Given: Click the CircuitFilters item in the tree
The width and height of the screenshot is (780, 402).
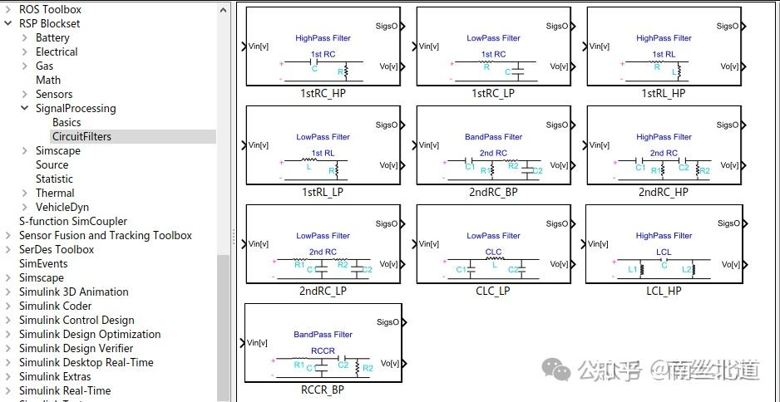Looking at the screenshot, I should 81,136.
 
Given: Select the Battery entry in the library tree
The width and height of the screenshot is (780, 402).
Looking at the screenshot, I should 52,37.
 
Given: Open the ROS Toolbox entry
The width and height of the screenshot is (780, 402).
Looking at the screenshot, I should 50,9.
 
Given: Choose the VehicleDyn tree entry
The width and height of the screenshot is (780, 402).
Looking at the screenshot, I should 62,207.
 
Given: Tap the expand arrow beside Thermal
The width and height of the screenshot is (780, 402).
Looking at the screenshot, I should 26,193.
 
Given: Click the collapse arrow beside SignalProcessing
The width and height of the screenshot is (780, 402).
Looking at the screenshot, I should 26,108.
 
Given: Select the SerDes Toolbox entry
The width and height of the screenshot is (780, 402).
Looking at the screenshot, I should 57,249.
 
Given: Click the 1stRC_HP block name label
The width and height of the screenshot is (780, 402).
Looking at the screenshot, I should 323,93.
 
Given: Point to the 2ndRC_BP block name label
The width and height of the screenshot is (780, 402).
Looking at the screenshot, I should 493,192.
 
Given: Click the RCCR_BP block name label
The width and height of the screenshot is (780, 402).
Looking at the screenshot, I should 322,389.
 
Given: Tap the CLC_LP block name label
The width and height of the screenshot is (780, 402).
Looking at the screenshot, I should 493,291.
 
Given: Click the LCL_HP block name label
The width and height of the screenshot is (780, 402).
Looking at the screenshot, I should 663,291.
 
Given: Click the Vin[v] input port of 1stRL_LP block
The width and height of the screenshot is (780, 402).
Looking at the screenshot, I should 258,145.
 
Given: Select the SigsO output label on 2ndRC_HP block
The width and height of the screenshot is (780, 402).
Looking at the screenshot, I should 728,125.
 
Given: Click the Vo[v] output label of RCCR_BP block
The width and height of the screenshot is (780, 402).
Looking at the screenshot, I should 388,363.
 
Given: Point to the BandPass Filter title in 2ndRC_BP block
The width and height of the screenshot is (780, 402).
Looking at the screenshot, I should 493,137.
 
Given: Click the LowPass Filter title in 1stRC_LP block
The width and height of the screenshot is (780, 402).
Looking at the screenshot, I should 493,38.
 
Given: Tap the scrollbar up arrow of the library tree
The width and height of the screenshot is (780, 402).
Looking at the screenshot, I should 223,9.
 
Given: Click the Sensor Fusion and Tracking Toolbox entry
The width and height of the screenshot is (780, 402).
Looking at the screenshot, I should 105,235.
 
